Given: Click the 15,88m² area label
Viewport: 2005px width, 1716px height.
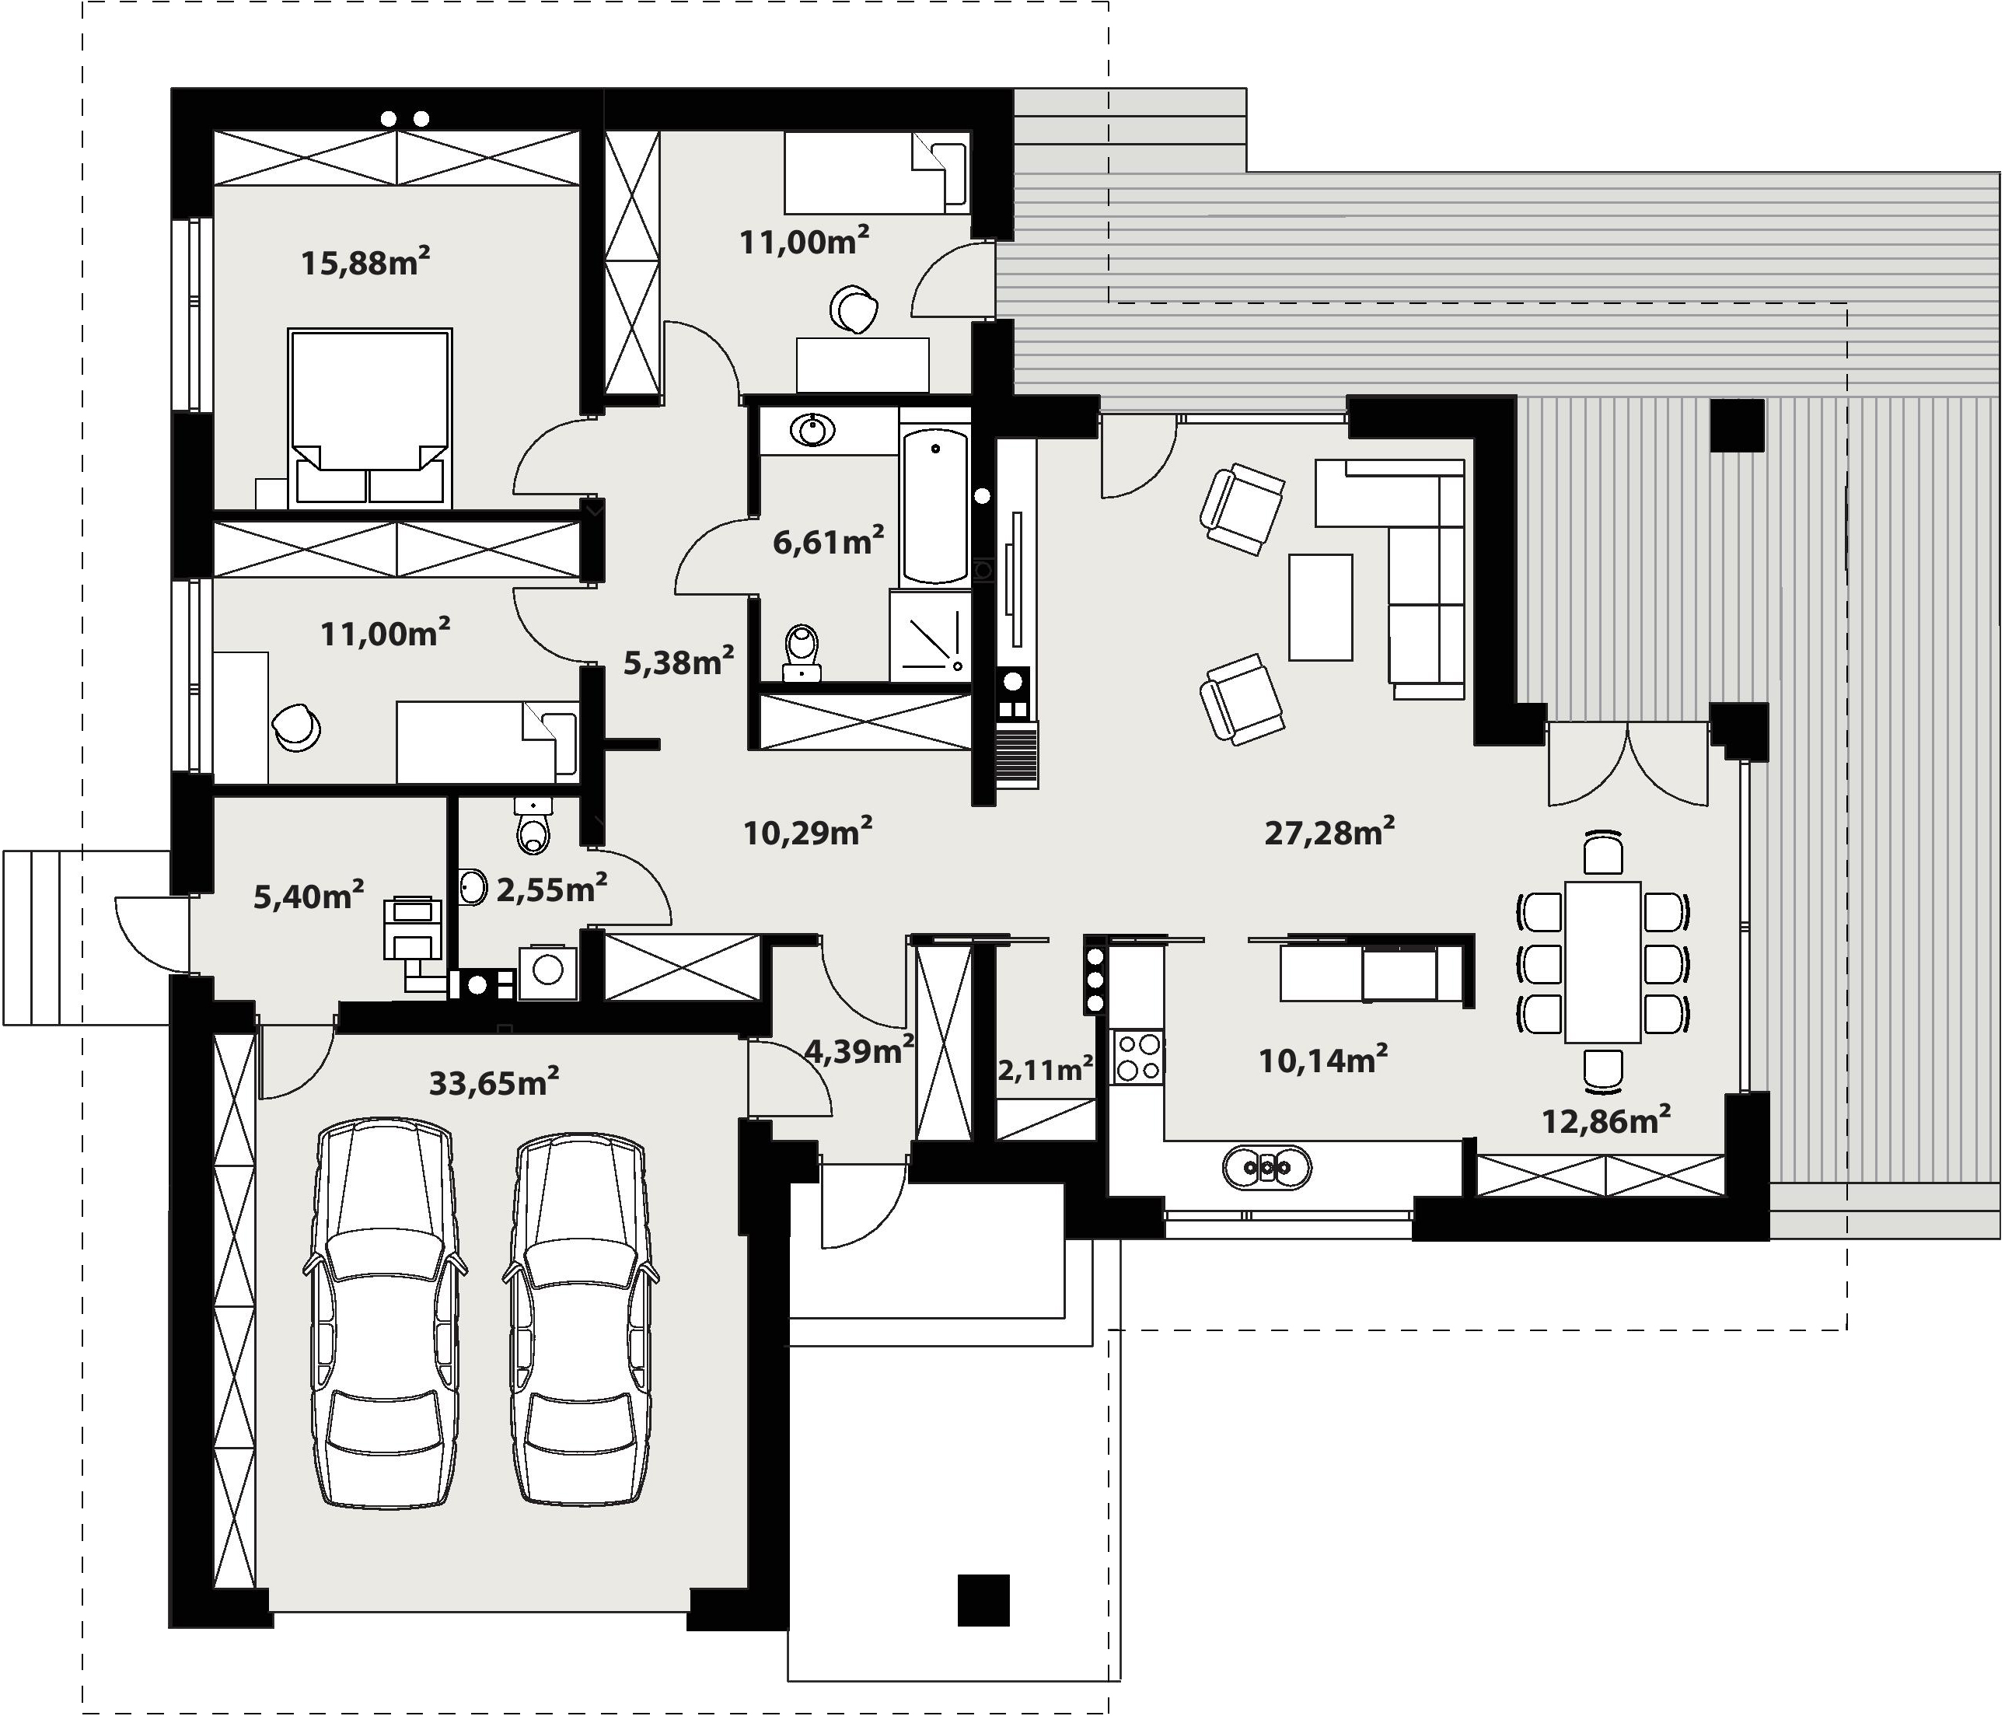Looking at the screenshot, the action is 365,261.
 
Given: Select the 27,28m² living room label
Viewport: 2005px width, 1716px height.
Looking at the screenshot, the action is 1329,831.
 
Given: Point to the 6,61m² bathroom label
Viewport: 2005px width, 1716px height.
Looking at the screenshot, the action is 828,541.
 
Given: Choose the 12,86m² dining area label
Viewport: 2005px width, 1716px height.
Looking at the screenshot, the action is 1606,1120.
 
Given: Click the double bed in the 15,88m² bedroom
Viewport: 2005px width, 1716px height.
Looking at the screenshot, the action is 371,418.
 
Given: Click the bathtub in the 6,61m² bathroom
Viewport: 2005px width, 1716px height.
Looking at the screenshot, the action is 934,506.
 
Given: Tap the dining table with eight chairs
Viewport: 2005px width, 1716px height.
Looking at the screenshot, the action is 1602,962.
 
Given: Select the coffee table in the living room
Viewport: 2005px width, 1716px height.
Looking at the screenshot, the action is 1321,606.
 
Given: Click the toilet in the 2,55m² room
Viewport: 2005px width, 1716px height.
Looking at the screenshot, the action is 533,826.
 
